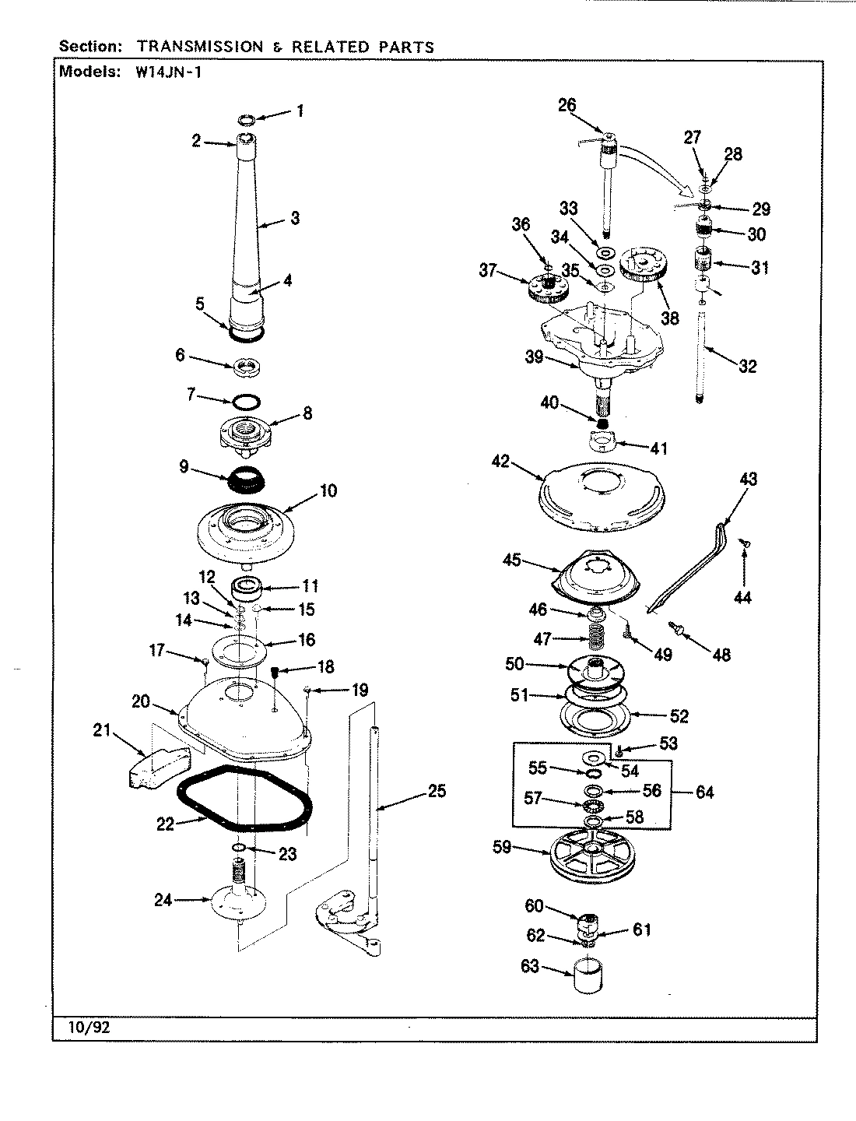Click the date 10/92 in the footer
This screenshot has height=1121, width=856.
pyautogui.click(x=91, y=1026)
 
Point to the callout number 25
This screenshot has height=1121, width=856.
pyautogui.click(x=437, y=791)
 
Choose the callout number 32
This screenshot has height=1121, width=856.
pyautogui.click(x=747, y=366)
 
